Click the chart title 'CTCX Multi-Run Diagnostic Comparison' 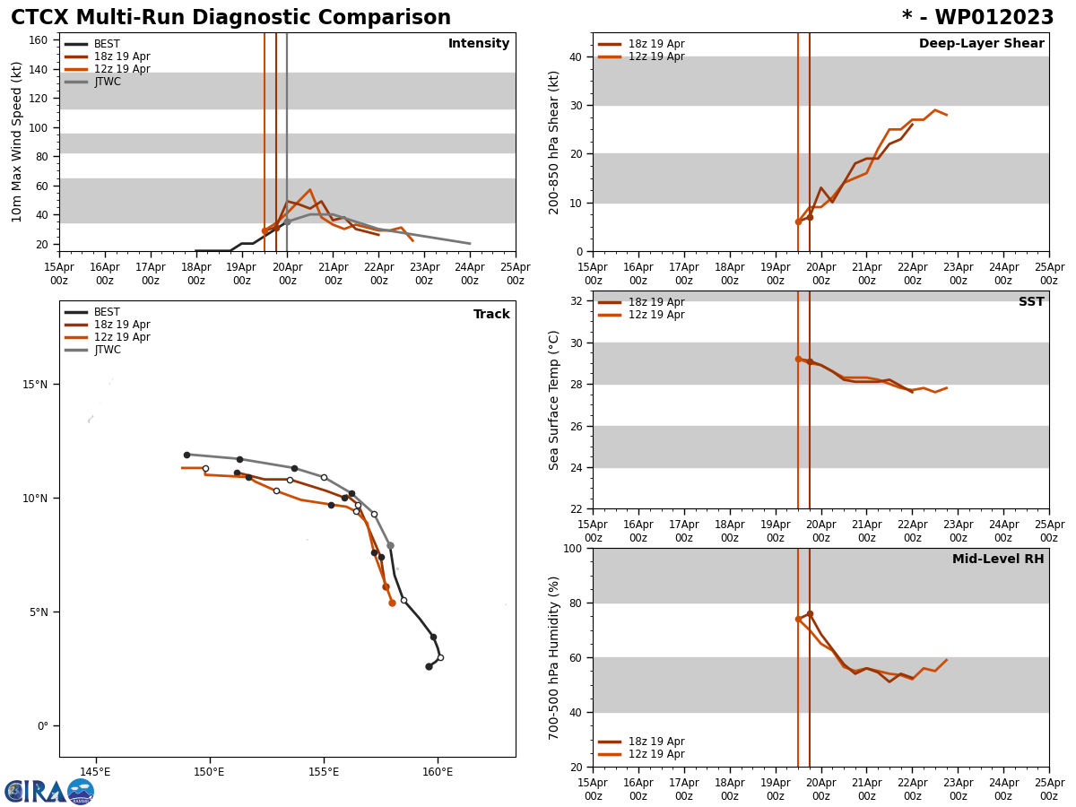[x=230, y=18]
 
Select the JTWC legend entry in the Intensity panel [x=107, y=82]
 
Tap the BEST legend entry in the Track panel [x=107, y=312]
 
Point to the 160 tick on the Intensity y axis [x=39, y=40]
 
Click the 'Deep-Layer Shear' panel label [x=981, y=44]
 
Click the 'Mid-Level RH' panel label [x=998, y=560]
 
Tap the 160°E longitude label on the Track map [x=438, y=772]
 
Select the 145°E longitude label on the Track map [x=95, y=772]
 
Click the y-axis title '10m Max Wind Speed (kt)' [x=18, y=142]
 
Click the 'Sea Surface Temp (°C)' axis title [x=554, y=400]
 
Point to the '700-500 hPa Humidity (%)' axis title [x=554, y=657]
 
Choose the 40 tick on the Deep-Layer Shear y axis [x=574, y=57]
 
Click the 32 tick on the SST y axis [x=574, y=301]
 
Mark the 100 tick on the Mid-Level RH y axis [x=570, y=549]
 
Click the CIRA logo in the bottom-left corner [x=48, y=792]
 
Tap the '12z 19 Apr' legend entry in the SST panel [x=655, y=315]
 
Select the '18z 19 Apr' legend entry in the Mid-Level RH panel [x=655, y=742]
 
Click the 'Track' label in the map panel [x=491, y=315]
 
